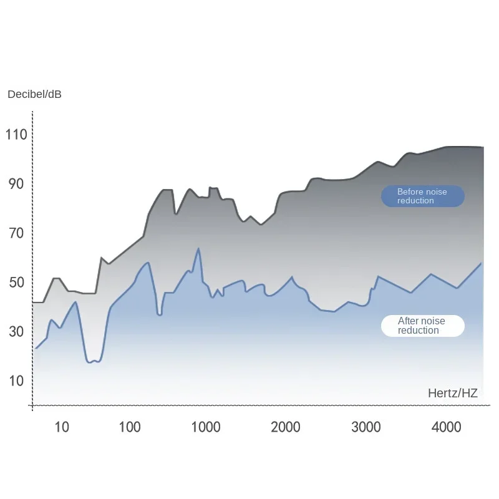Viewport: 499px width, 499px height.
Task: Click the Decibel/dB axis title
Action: [34, 95]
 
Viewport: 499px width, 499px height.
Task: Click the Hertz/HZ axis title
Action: [452, 393]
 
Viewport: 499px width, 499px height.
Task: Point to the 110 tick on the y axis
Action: [17, 134]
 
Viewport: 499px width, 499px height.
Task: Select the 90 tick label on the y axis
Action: [17, 184]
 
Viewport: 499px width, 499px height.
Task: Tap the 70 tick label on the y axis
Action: [17, 233]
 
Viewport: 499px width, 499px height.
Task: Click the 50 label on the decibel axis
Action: [17, 283]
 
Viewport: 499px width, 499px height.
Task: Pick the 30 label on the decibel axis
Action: [17, 332]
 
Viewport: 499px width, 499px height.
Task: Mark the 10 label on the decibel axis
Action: [17, 381]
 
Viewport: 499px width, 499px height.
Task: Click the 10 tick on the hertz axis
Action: [62, 427]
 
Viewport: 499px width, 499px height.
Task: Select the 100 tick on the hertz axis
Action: [130, 427]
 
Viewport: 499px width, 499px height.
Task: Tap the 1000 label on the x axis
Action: [205, 427]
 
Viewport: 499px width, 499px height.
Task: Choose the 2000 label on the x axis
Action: [286, 427]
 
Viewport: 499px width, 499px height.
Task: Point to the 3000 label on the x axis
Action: [366, 427]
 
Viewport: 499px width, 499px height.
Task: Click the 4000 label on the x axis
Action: [447, 427]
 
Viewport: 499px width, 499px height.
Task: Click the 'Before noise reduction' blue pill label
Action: [423, 196]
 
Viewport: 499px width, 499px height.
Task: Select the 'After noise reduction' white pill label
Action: [423, 326]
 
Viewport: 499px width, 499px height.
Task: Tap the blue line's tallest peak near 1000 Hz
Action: [198, 249]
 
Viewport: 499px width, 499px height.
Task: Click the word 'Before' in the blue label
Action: [410, 192]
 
